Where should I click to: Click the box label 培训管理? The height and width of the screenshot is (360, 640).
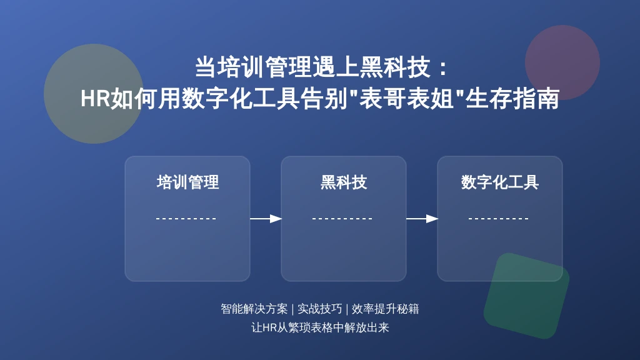(187, 182)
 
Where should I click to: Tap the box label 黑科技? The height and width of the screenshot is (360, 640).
(344, 182)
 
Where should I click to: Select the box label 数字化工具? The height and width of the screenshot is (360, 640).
(500, 182)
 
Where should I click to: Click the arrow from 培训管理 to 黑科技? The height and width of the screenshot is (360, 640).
(266, 219)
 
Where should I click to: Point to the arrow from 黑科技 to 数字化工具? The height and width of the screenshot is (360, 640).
(422, 219)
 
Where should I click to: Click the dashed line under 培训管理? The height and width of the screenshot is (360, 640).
(186, 219)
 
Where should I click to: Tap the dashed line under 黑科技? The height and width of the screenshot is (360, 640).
(342, 219)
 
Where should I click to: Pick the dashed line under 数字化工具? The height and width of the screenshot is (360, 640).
(499, 219)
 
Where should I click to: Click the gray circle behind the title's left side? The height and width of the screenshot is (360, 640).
(94, 94)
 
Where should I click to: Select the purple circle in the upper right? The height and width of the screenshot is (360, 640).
(562, 62)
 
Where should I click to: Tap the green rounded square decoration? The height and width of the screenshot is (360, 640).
(526, 296)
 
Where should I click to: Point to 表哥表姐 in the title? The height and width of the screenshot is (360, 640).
(406, 99)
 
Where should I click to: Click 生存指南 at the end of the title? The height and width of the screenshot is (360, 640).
(512, 99)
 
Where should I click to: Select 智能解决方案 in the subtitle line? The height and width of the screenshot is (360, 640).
(254, 309)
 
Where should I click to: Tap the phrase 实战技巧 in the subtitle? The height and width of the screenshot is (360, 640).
(319, 309)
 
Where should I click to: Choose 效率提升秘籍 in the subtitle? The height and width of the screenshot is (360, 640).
(385, 309)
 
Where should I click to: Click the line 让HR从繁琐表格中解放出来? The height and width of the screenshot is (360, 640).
(320, 327)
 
